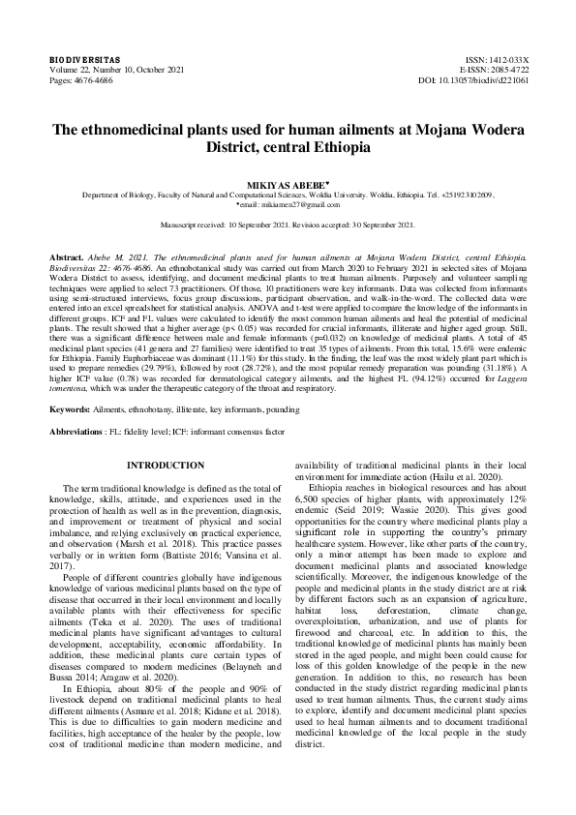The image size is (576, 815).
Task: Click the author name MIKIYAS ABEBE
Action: pyautogui.click(x=287, y=181)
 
